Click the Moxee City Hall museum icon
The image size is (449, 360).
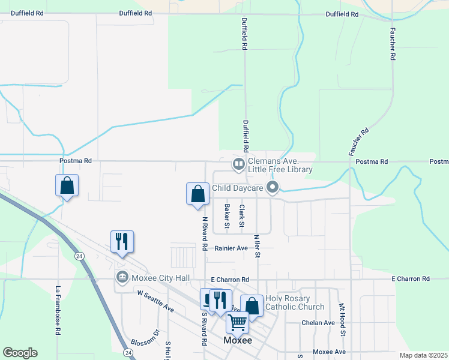point(121,277)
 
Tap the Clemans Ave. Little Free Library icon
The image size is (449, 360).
point(238,163)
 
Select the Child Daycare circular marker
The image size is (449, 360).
point(273,188)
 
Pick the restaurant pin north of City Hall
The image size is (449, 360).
point(122,242)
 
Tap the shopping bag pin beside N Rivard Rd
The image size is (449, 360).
point(197,194)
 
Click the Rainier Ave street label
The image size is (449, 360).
point(229,248)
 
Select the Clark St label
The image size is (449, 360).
point(242,216)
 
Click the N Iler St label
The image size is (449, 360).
point(258,246)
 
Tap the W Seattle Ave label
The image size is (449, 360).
point(155,301)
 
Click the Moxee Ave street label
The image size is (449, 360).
point(330,352)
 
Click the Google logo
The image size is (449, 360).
point(20,353)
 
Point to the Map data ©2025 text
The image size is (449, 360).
point(423,355)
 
